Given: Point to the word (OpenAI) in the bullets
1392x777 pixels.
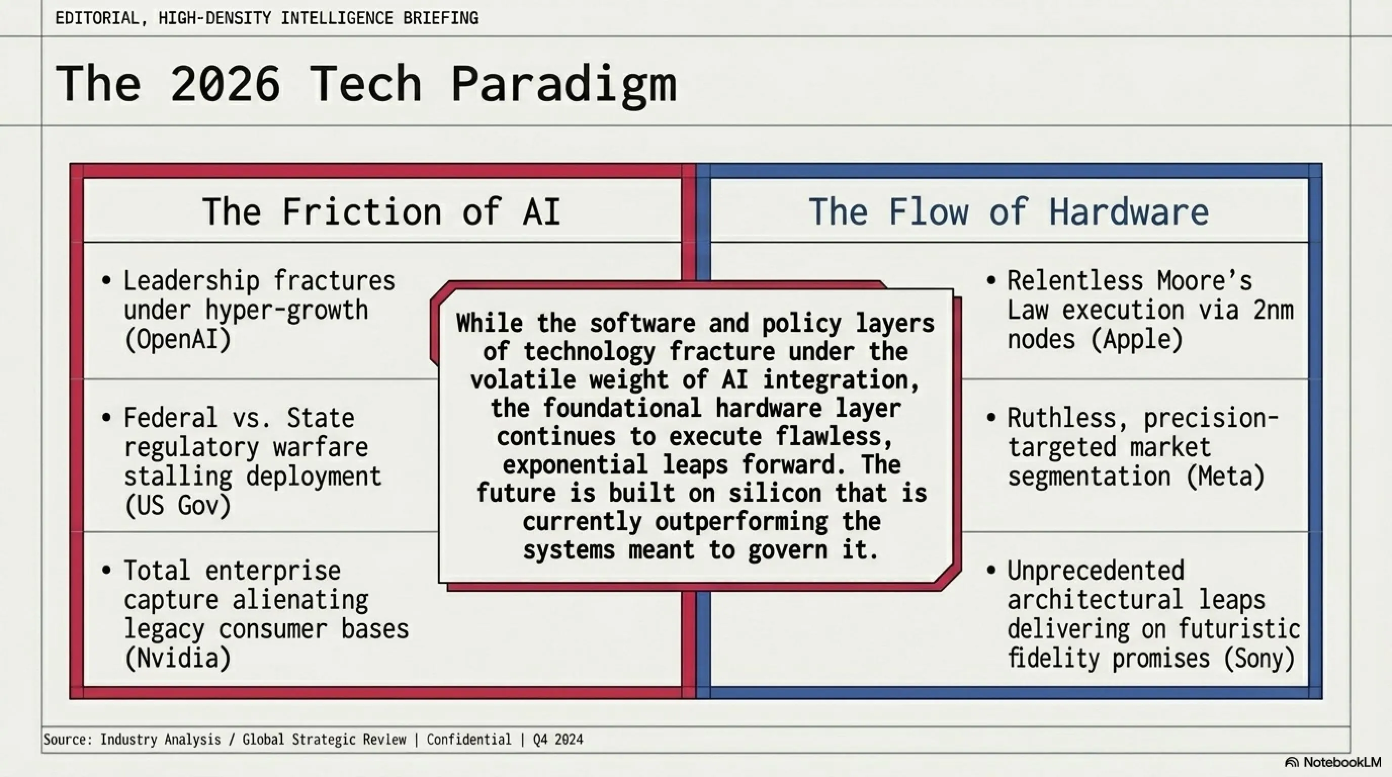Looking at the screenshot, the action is coord(178,339).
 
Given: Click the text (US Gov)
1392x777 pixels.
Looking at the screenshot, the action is coord(178,506).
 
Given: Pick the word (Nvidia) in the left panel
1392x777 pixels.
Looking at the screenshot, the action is coord(178,658).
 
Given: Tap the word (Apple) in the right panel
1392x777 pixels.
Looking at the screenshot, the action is coord(1137,339).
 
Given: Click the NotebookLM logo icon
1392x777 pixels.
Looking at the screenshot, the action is coord(1291,762).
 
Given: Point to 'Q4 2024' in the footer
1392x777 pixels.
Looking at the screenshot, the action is coord(558,739).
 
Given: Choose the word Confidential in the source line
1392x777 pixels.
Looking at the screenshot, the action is coord(469,739).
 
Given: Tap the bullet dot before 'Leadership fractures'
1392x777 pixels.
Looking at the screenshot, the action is coord(106,280).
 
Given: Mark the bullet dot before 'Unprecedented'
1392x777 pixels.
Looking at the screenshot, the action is coord(991,570).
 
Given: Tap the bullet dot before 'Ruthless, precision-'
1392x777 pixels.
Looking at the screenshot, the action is coord(991,418).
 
